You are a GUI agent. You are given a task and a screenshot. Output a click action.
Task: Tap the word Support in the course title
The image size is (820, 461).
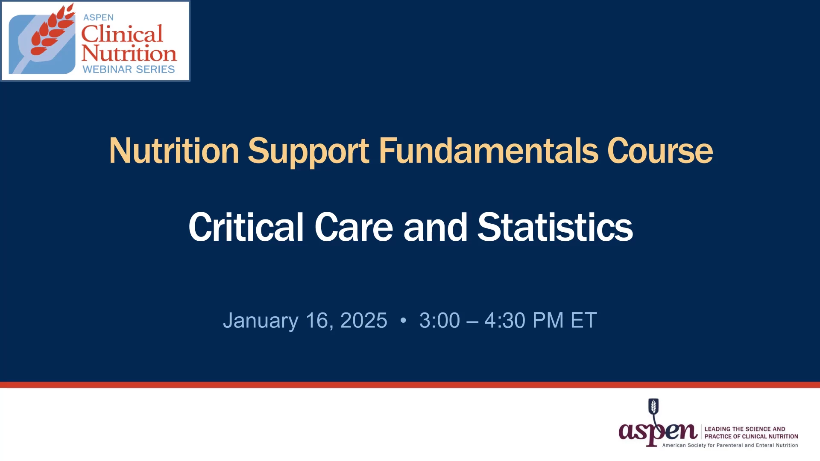[308, 152]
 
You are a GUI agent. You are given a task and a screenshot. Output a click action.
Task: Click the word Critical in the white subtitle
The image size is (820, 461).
[246, 227]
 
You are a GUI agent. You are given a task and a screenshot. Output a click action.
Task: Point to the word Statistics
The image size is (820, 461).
[555, 227]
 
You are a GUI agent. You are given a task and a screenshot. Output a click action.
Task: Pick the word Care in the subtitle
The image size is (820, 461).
[354, 227]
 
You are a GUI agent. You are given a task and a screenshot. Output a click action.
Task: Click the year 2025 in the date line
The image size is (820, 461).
[364, 320]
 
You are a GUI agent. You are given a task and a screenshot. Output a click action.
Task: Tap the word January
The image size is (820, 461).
[261, 321]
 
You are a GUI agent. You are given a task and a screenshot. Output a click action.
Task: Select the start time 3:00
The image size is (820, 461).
[439, 320]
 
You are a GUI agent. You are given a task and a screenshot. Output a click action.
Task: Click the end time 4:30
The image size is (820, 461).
[505, 320]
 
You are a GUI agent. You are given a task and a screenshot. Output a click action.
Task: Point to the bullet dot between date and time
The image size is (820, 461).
[403, 320]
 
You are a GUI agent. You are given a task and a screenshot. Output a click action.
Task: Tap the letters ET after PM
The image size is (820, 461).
[583, 320]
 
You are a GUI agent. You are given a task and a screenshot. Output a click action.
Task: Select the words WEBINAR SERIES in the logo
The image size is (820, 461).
[129, 69]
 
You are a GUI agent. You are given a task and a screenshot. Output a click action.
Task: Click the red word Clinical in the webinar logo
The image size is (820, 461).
[122, 34]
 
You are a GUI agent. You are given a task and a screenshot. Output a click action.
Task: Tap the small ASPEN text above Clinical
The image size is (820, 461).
[98, 18]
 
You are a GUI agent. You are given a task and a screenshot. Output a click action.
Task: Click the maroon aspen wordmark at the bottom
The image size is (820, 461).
[658, 432]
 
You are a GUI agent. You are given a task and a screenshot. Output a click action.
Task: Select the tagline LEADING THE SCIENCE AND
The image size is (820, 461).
[745, 429]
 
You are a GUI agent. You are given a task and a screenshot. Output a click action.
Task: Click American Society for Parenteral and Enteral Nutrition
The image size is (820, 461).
[730, 445]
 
